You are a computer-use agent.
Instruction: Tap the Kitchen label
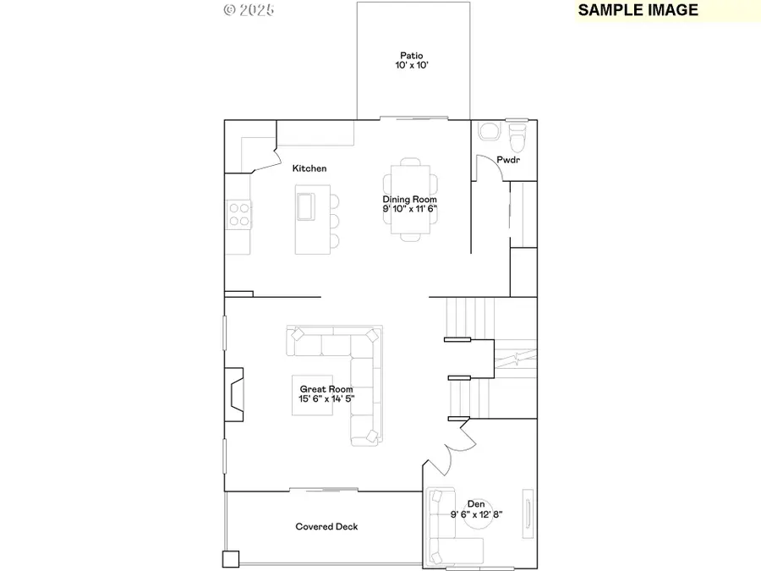click(309, 168)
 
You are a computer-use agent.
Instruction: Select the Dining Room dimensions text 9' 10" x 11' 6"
click(410, 208)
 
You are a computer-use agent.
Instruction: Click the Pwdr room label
click(508, 159)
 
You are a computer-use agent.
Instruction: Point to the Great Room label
click(326, 389)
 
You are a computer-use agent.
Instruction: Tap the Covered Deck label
click(326, 526)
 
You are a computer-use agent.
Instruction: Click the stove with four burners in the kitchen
click(238, 213)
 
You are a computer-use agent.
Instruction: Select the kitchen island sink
click(305, 204)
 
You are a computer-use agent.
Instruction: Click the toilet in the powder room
click(517, 134)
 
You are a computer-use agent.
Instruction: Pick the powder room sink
click(488, 132)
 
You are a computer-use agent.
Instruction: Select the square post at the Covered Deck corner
click(231, 559)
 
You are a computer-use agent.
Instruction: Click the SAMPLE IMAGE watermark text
click(638, 10)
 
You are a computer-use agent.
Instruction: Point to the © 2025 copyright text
click(249, 10)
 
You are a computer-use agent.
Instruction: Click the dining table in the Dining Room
click(410, 200)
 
